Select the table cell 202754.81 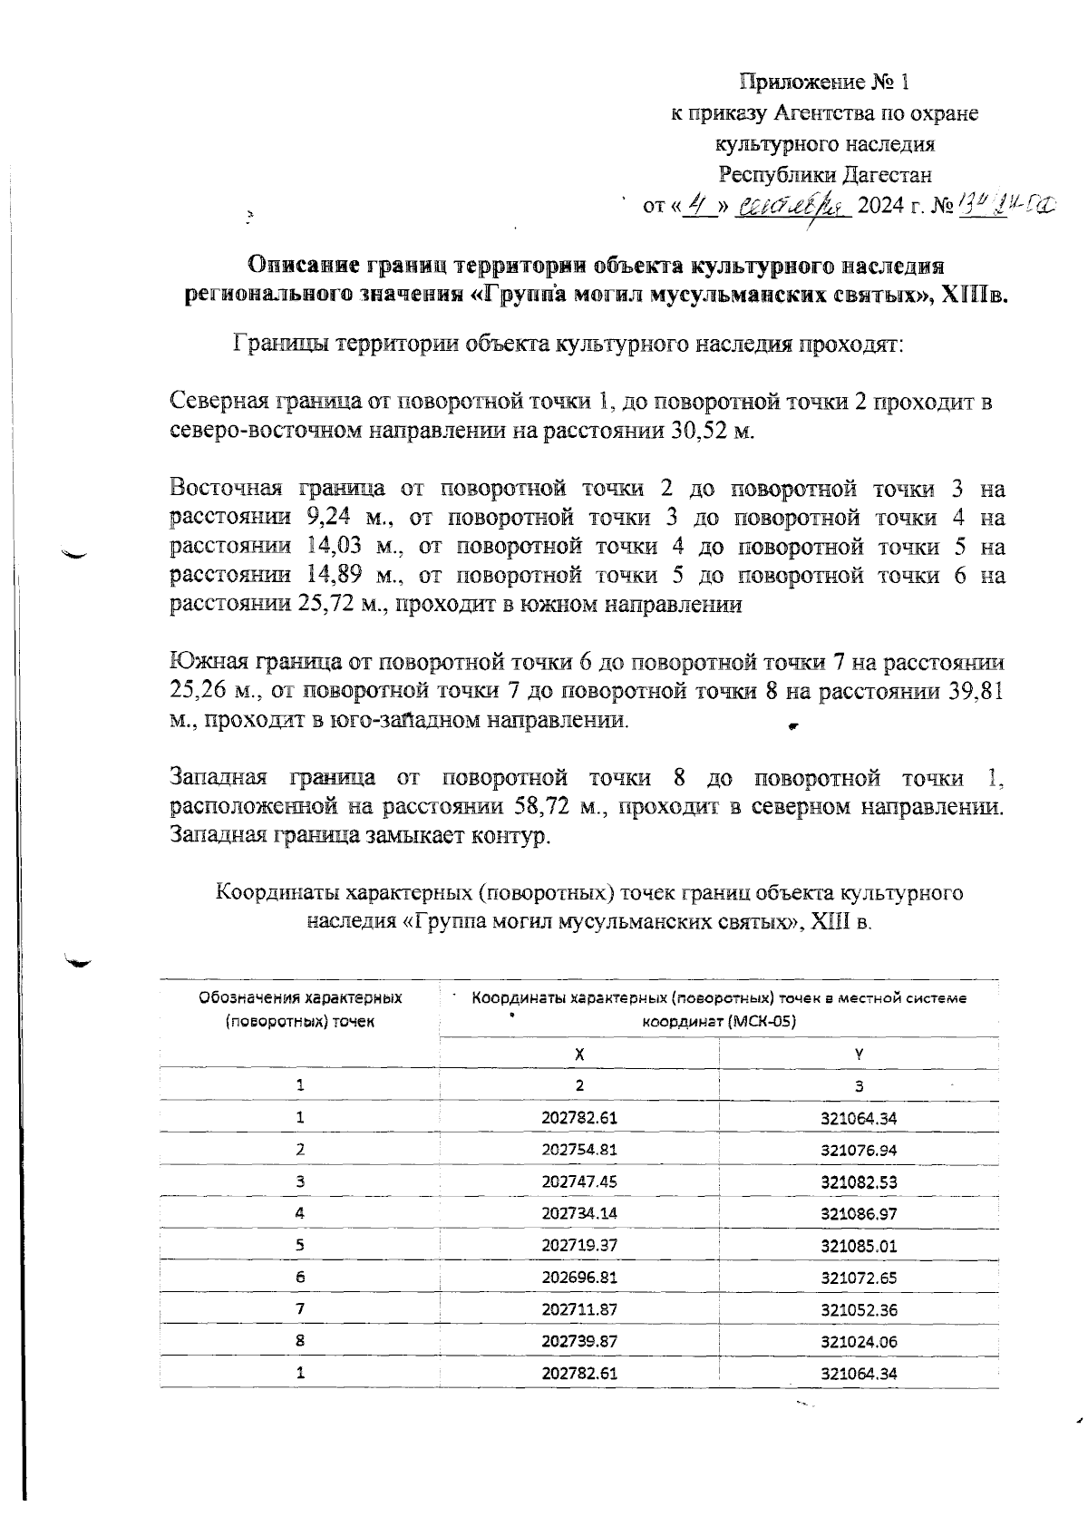click(x=579, y=1150)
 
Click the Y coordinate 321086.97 click(x=859, y=1213)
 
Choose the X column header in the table click(x=579, y=1055)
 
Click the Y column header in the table click(x=859, y=1055)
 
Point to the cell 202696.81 click(x=579, y=1278)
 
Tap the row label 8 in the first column click(x=300, y=1341)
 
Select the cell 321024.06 click(x=859, y=1341)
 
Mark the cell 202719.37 click(x=579, y=1245)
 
